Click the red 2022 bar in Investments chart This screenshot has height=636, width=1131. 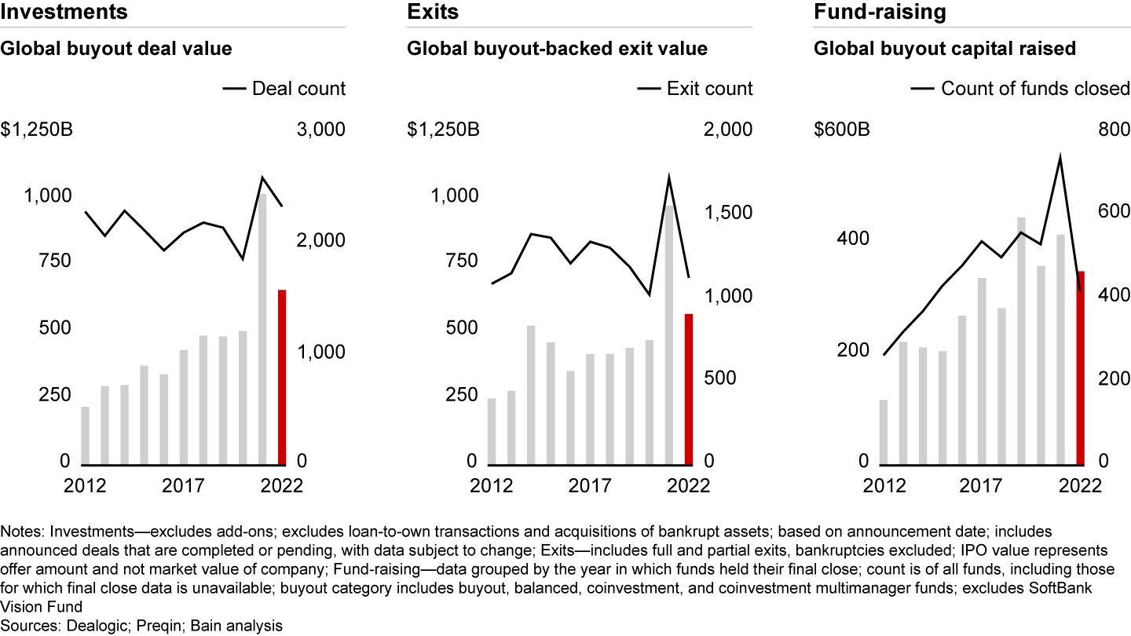coord(282,378)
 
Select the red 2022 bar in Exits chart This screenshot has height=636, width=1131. coord(689,389)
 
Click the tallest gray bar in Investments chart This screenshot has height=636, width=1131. coord(262,329)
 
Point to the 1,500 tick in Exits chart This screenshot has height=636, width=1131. coord(730,213)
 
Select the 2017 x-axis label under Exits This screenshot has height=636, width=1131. coord(589,486)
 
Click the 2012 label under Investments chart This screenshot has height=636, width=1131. coord(86,486)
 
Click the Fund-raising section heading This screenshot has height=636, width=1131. coord(880,13)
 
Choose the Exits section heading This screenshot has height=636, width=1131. coord(433,13)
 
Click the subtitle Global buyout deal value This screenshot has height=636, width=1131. coord(116,49)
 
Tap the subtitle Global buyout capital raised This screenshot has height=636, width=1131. coord(944,49)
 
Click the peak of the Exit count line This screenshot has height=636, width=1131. coord(669,178)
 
